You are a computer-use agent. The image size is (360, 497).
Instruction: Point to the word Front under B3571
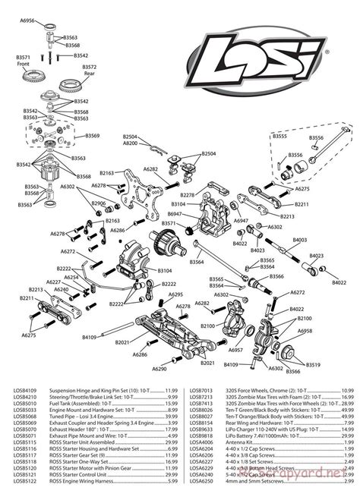point(23,63)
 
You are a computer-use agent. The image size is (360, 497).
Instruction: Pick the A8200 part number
point(131,143)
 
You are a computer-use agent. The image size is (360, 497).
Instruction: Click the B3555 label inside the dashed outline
point(279,137)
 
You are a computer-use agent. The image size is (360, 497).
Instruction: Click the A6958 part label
point(305,332)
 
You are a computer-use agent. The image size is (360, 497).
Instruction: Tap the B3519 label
point(313,364)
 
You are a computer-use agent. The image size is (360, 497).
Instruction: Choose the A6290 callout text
point(159,368)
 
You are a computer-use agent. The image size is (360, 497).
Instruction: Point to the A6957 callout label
point(235,350)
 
